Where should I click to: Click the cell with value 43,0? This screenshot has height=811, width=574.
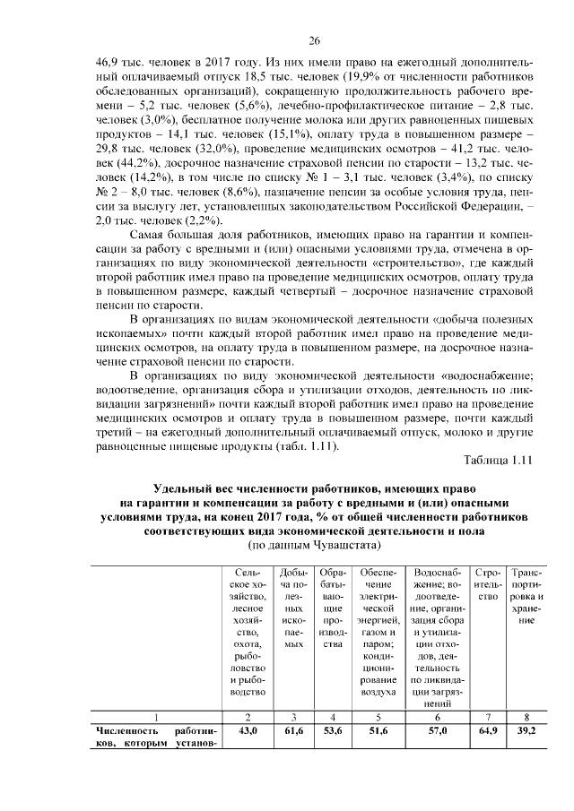pos(247,731)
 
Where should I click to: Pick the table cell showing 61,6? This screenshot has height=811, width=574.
pos(293,731)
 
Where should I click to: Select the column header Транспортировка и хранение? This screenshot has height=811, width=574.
pos(525,595)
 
